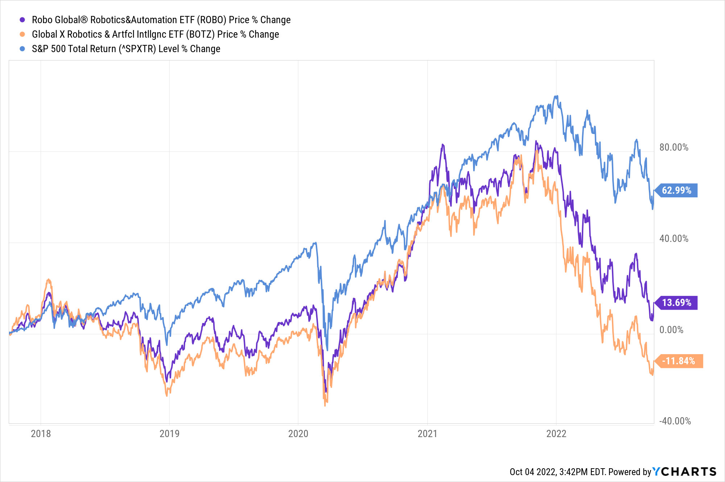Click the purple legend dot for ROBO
tap(22, 20)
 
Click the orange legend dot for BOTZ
tap(22, 34)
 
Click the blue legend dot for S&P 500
tap(22, 49)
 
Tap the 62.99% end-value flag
tap(676, 190)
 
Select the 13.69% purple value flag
tap(676, 303)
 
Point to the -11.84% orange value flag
tap(679, 361)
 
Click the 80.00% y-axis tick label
tap(674, 147)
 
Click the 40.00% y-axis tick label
tap(674, 239)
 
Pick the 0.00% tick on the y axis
tap(671, 330)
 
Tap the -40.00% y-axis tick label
tap(675, 421)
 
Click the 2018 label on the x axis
tap(41, 434)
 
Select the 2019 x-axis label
tap(169, 434)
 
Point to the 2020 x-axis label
tap(298, 434)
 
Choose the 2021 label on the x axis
tap(427, 434)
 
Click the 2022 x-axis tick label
tap(556, 434)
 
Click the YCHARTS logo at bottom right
tap(684, 471)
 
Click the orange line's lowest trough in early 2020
tap(325, 405)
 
